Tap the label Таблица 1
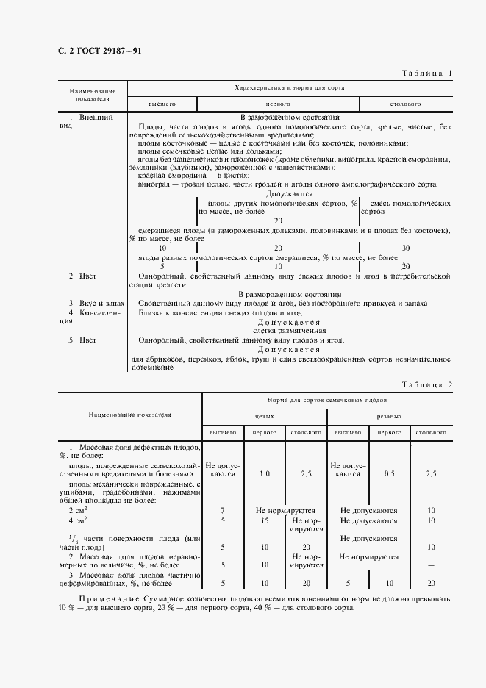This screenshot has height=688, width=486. click(x=427, y=73)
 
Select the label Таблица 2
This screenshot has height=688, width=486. click(x=427, y=384)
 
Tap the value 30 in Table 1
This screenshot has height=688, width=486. click(x=405, y=248)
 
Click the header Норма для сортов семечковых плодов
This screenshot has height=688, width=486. click(x=326, y=401)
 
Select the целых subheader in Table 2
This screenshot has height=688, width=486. click(x=264, y=415)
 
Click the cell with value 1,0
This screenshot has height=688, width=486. click(x=265, y=474)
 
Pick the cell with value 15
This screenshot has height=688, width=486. click(x=265, y=520)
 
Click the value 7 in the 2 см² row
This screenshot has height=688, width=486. click(x=223, y=509)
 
